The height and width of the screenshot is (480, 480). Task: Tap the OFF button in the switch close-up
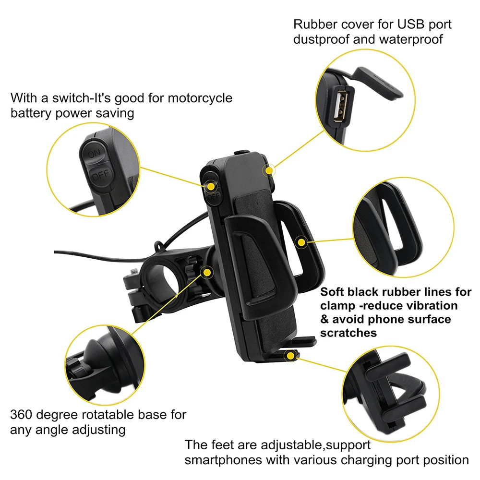100,175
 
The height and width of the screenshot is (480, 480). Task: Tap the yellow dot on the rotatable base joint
207,273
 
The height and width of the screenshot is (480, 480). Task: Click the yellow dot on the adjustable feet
291,356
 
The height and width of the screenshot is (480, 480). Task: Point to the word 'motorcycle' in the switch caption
198,98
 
